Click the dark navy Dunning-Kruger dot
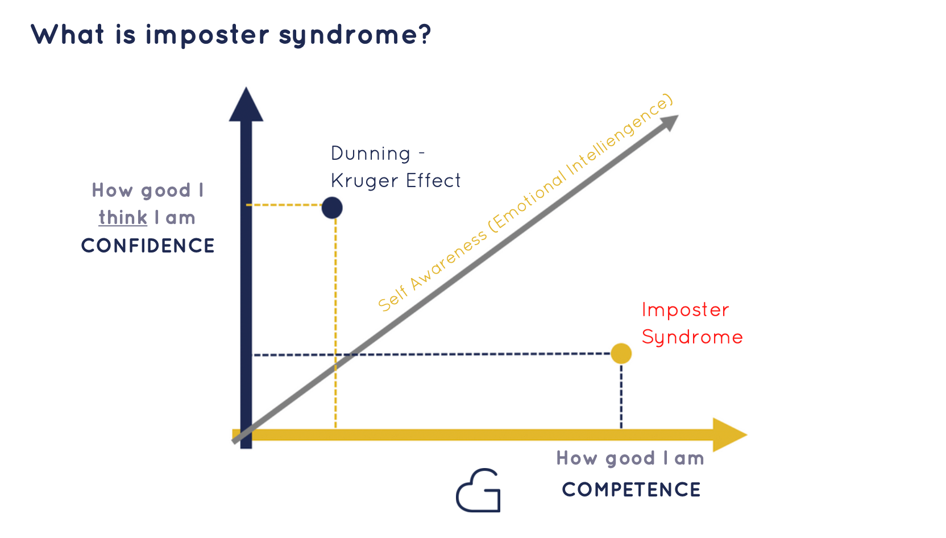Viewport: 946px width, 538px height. tap(332, 208)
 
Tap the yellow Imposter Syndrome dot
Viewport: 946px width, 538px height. tap(621, 353)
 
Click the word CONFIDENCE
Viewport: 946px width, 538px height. tap(148, 246)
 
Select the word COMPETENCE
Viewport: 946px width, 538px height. tap(632, 490)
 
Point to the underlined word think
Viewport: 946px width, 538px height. tap(123, 218)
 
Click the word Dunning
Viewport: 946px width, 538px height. tap(371, 154)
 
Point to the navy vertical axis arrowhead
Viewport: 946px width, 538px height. tap(246, 105)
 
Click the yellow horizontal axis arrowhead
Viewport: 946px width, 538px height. tap(730, 435)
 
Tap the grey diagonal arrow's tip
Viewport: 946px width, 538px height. tap(678, 115)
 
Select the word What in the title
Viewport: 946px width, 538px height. tap(68, 34)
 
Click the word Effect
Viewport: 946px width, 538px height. tap(433, 180)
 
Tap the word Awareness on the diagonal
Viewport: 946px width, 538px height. tap(449, 261)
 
